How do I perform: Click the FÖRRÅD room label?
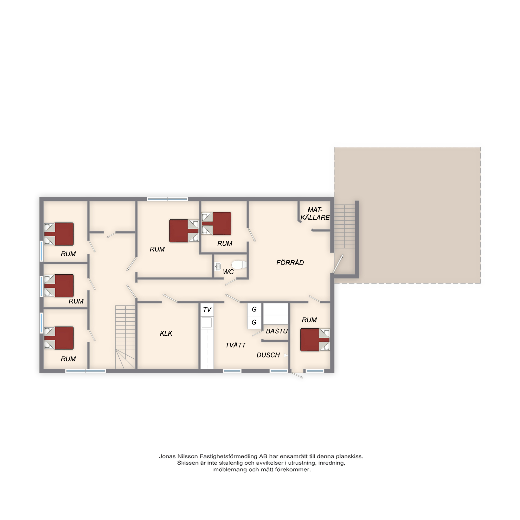point(290,263)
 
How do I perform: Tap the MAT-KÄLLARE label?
point(315,213)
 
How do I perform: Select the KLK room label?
point(166,334)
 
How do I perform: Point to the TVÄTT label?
point(236,345)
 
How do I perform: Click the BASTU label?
point(277,331)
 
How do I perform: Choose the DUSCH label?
point(268,355)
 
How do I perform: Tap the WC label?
point(228,272)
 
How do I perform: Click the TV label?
point(207,309)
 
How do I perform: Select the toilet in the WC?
point(239,265)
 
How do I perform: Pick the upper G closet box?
point(254,309)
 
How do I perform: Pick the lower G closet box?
point(254,322)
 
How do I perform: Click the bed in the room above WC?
point(216,223)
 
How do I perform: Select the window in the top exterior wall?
point(167,199)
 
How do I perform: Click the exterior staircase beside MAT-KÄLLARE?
point(344,226)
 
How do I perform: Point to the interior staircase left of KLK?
point(125,337)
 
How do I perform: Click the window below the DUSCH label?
point(279,371)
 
